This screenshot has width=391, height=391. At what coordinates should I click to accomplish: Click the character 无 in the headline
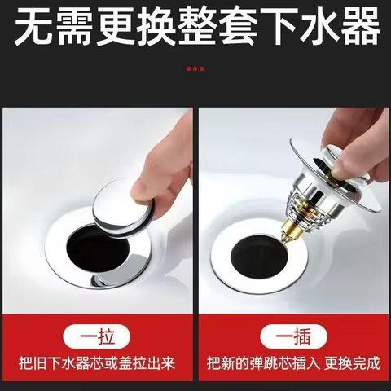[x=33, y=26]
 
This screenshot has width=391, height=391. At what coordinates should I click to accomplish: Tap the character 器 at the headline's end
[x=359, y=26]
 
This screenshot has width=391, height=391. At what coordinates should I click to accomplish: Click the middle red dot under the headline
[x=195, y=68]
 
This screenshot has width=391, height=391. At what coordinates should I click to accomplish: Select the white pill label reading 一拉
[x=97, y=336]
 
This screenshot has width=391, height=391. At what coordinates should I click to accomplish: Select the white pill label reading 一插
[x=293, y=336]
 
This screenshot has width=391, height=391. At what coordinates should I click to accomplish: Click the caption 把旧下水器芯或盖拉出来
[x=97, y=363]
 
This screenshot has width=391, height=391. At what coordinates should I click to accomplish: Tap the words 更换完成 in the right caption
[x=352, y=363]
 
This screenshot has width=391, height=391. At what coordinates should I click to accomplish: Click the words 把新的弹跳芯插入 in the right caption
[x=263, y=363]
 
